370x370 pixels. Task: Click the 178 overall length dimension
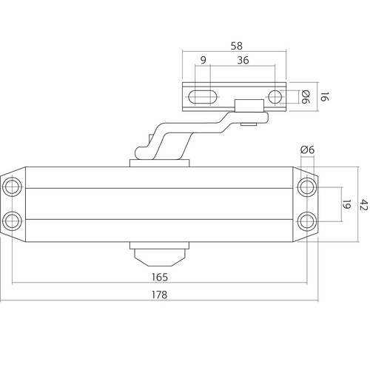(x=157, y=294)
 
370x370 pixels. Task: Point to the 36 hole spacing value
(x=243, y=62)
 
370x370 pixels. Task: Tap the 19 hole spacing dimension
(x=346, y=203)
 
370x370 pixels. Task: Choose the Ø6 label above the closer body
(x=307, y=150)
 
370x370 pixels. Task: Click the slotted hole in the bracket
(x=203, y=96)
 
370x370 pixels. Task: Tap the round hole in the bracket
(x=275, y=96)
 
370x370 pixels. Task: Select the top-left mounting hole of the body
(x=12, y=186)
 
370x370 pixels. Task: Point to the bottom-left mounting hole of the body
(x=12, y=221)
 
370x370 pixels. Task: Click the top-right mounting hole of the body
(x=306, y=186)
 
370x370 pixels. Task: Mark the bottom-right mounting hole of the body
(x=306, y=221)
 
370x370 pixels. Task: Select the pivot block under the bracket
(x=248, y=109)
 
